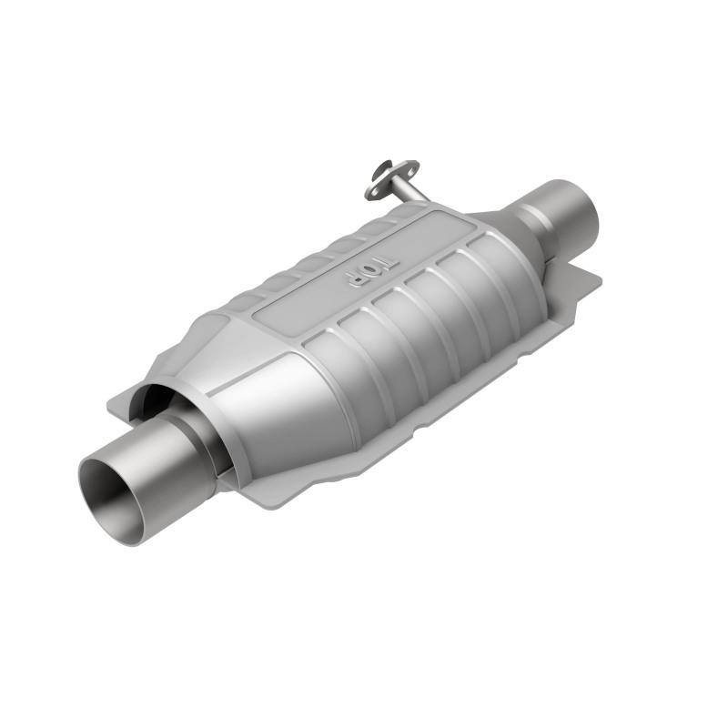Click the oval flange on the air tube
392,178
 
